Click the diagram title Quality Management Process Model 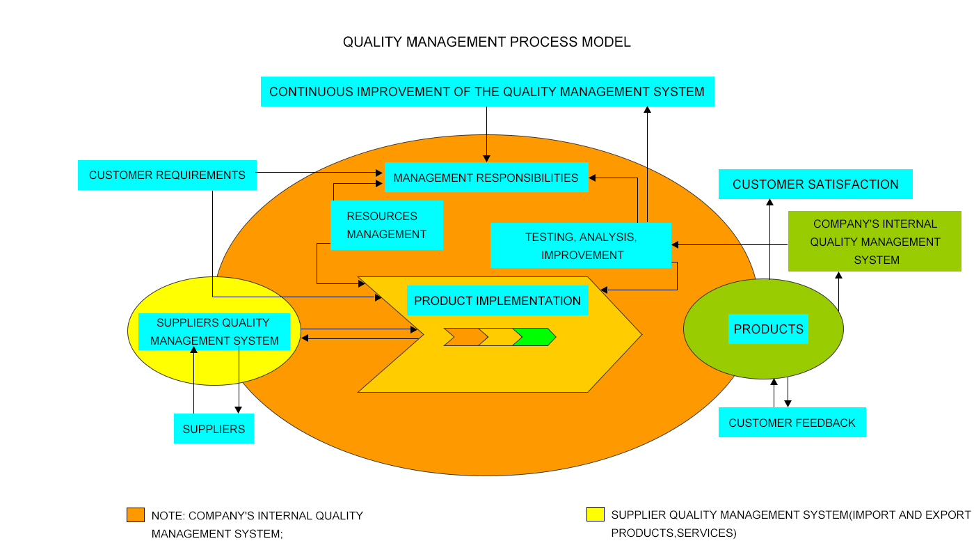click(x=486, y=42)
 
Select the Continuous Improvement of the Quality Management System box click(x=487, y=91)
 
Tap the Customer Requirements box click(x=167, y=175)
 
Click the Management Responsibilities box click(x=486, y=178)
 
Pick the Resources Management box click(x=387, y=225)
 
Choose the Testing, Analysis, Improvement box click(x=581, y=245)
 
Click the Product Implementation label click(x=497, y=301)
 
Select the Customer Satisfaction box click(x=815, y=185)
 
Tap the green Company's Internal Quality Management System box click(x=875, y=242)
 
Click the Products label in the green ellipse click(x=768, y=329)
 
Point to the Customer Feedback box click(x=792, y=423)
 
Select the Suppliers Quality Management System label click(x=214, y=331)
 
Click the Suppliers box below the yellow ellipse click(x=214, y=429)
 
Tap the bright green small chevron click(x=534, y=337)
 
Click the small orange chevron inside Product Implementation click(x=465, y=337)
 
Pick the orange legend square click(x=135, y=515)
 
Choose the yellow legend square click(x=595, y=515)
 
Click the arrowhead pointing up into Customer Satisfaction click(x=769, y=203)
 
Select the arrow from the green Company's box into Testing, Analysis click(x=730, y=244)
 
